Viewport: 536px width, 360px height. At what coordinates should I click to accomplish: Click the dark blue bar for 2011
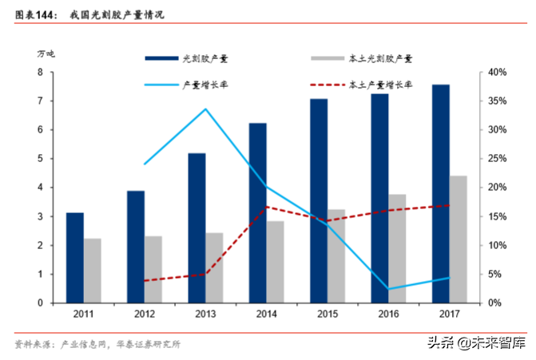[74, 258]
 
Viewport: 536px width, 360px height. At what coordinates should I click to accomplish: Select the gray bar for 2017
[459, 239]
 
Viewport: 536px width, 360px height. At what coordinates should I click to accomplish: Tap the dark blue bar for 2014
[257, 213]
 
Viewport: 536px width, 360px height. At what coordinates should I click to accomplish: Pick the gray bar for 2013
[215, 268]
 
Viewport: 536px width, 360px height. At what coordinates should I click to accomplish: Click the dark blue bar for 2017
[441, 194]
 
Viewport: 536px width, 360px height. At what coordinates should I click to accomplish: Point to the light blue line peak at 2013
[205, 109]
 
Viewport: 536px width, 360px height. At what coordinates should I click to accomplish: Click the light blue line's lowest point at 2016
[389, 289]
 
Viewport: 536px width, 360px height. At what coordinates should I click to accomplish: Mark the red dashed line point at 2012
[145, 281]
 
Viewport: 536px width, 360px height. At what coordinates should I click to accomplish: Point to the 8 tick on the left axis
[40, 73]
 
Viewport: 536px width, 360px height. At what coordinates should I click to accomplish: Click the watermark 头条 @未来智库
[477, 344]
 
